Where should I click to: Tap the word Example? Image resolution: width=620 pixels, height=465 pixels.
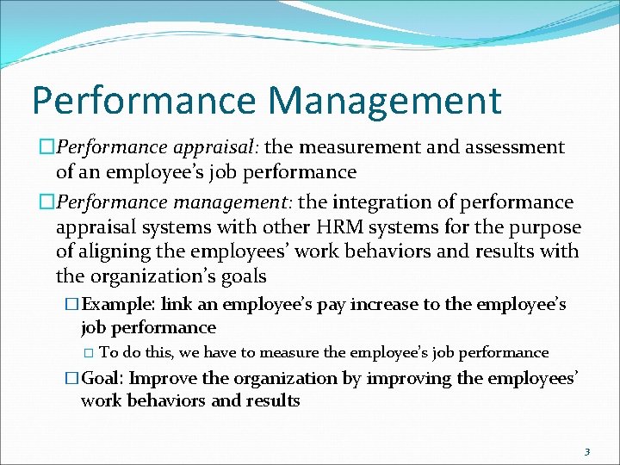click(123, 305)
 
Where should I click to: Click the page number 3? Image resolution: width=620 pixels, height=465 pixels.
click(586, 450)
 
